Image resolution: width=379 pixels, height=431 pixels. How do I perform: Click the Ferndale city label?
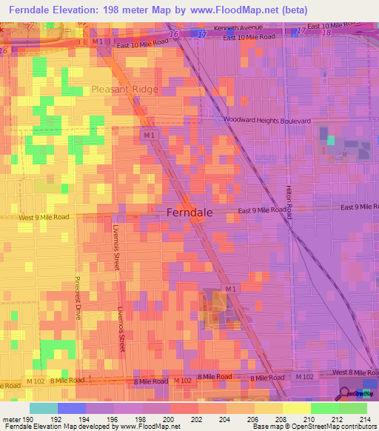[185, 212]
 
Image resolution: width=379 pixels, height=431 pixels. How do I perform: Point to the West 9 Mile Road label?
[44, 217]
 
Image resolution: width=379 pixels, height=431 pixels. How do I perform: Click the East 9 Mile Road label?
[263, 210]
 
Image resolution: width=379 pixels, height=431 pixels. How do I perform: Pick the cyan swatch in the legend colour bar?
[44, 408]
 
